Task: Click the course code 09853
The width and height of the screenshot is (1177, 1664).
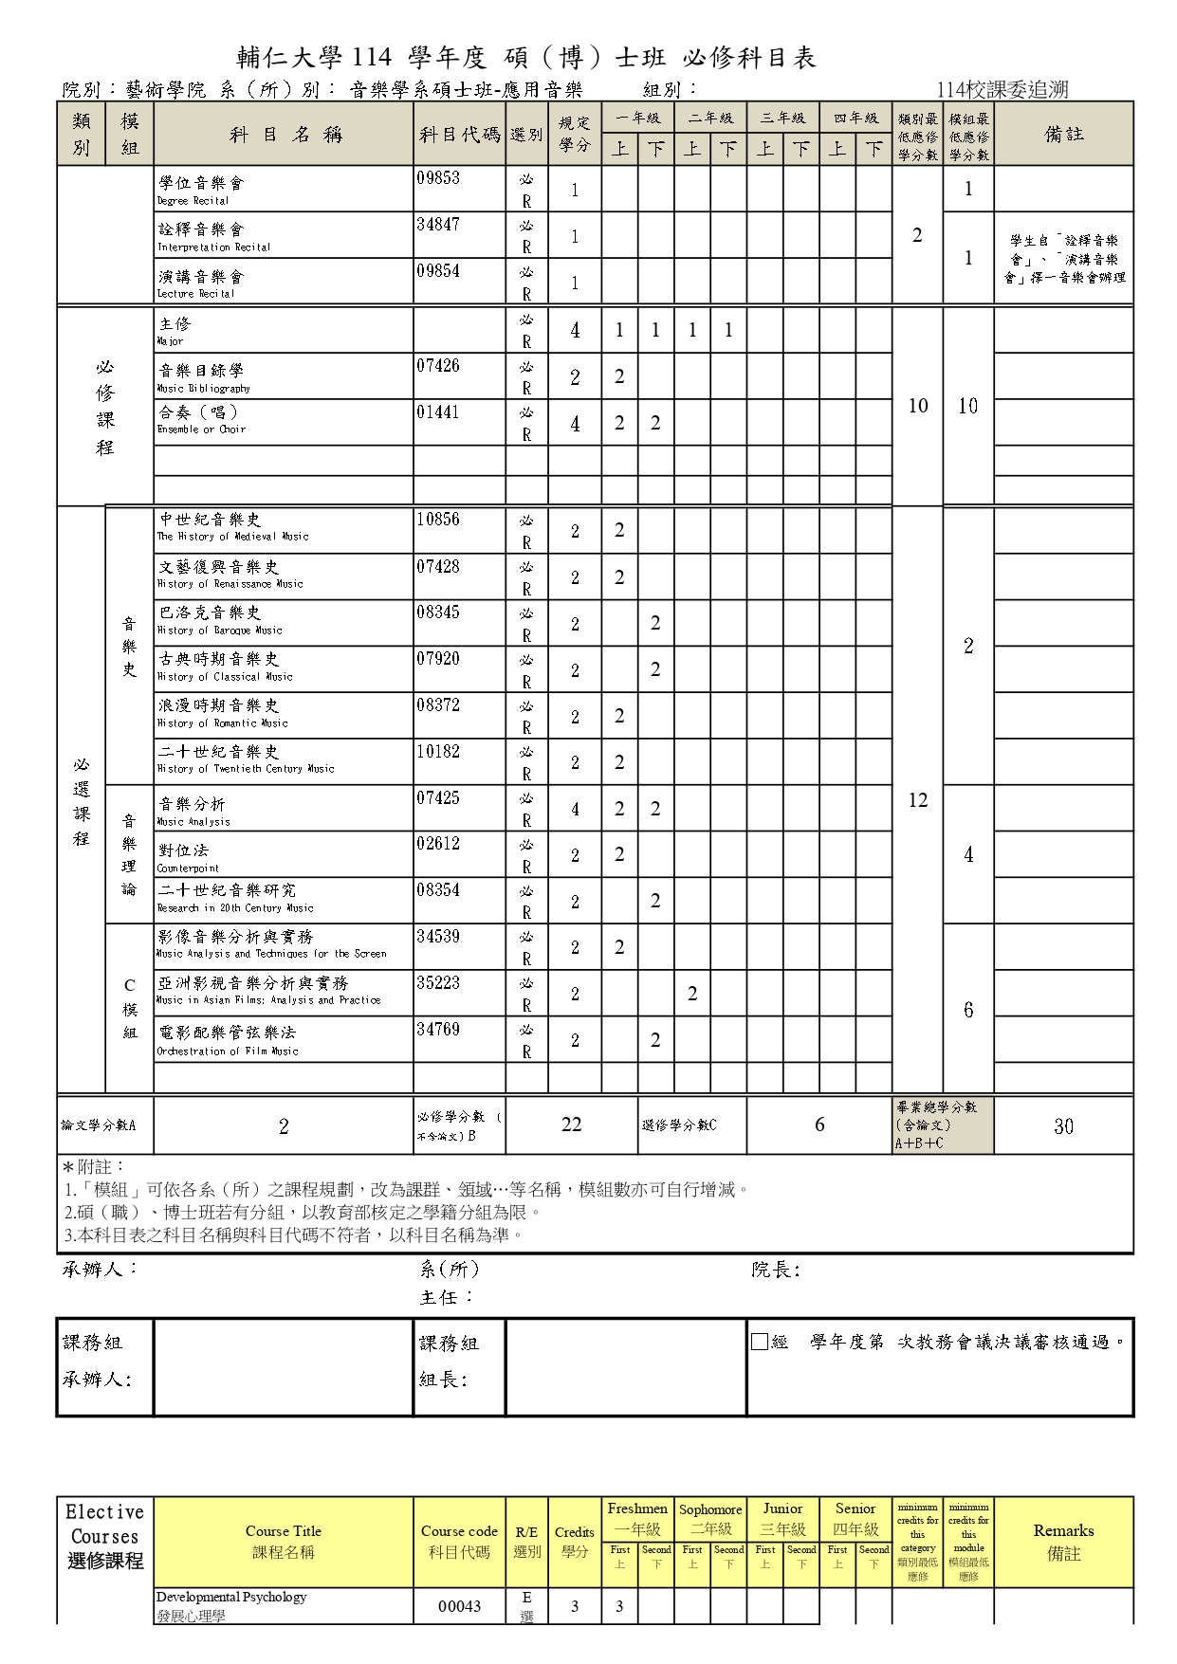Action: coord(438,178)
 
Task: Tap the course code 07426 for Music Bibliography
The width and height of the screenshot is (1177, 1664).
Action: coord(438,366)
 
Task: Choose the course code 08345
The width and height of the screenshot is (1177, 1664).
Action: coord(438,613)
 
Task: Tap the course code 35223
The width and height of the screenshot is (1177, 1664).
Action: coord(438,983)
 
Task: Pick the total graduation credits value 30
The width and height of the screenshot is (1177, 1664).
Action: coord(1063,1126)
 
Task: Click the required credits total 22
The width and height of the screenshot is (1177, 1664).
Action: coord(571,1125)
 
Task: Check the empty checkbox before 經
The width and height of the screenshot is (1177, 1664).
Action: coord(759,1342)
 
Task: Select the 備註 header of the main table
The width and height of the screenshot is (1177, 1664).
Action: coord(1063,135)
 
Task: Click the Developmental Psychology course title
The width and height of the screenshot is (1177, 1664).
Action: coord(231,1597)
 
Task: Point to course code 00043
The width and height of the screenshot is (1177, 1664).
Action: coord(459,1606)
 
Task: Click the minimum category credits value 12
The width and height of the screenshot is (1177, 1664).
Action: coord(917,800)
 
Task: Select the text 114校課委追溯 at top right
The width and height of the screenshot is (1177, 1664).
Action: coord(1002,90)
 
